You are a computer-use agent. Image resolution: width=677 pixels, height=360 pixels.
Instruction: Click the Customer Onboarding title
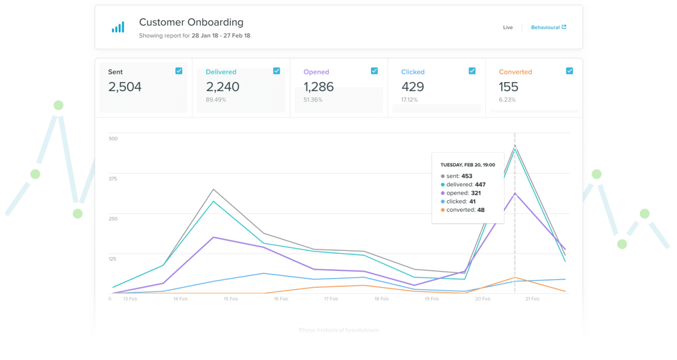pos(191,22)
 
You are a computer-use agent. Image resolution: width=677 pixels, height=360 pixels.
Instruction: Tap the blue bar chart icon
pos(118,27)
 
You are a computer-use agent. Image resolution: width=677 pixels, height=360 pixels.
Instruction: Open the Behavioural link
pos(548,28)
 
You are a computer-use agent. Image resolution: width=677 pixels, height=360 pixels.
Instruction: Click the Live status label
pos(508,28)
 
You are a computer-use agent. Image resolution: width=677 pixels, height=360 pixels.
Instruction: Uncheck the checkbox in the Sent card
pos(179,71)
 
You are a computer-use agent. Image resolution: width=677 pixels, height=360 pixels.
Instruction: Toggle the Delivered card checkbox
pos(277,71)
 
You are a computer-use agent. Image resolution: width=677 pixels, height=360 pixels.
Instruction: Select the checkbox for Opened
pos(374,71)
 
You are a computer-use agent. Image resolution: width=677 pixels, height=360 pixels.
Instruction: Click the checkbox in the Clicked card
pos(472,71)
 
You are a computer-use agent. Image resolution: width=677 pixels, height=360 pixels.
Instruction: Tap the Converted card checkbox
pos(569,71)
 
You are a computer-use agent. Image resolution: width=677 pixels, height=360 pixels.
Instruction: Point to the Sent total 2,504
pos(125,87)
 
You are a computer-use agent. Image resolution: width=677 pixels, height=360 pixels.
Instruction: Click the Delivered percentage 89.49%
pos(215,100)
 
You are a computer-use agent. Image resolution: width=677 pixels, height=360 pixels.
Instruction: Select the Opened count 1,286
pos(318,87)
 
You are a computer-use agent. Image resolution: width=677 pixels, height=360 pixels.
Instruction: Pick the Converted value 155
pos(509,87)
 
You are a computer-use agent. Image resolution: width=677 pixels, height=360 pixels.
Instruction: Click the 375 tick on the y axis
pos(113,179)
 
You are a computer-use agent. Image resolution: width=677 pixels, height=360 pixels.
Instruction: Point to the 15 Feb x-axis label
pos(231,299)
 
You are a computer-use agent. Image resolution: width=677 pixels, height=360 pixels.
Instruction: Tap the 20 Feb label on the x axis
pos(482,299)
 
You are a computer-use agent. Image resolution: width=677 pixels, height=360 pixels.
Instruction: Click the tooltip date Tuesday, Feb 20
pos(468,165)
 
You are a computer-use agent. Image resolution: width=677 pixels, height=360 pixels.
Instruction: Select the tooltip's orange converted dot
pos(443,210)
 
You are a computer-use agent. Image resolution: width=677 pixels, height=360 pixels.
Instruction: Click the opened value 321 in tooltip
pos(475,193)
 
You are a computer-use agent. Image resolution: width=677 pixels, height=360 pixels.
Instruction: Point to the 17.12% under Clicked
pos(409,100)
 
